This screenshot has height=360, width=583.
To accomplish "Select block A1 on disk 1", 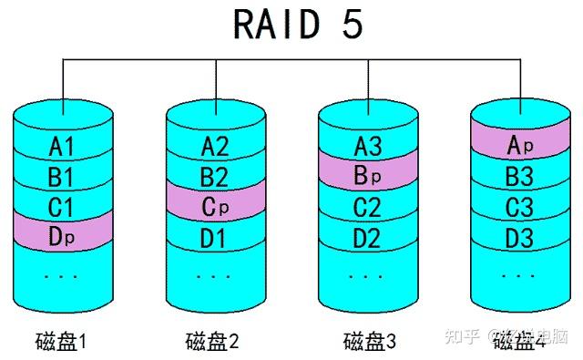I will click(61, 146).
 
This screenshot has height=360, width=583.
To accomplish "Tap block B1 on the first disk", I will click(61, 175).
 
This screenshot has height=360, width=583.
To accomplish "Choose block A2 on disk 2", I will click(214, 146).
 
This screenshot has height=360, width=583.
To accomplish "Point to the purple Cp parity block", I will click(214, 205).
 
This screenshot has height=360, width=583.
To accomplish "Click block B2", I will click(214, 175).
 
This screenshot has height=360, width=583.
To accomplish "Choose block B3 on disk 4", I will click(517, 175).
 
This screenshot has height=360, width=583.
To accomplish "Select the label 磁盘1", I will click(61, 343).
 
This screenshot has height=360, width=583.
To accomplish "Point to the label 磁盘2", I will click(214, 343).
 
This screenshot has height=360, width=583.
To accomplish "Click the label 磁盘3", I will click(369, 343).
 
